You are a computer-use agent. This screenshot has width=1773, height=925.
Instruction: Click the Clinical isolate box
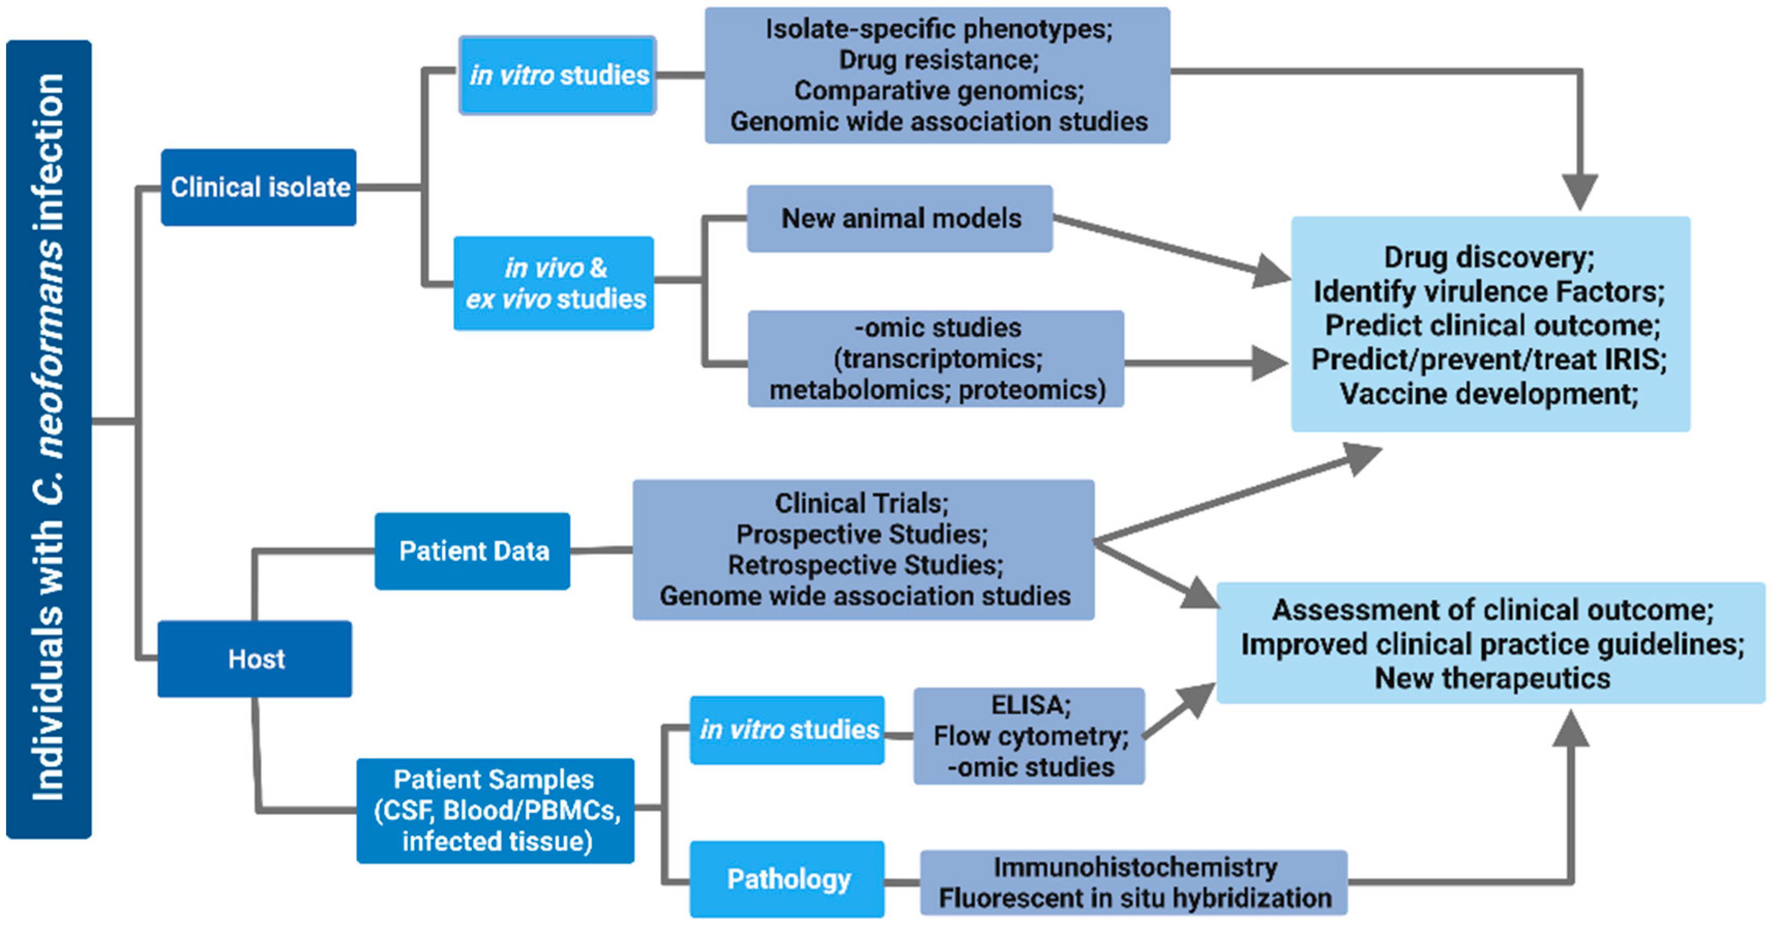click(x=259, y=187)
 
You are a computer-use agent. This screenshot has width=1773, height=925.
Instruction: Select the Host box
click(x=255, y=659)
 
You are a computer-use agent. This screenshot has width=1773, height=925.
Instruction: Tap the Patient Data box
click(x=472, y=551)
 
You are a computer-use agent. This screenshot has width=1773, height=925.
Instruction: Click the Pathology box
click(x=787, y=879)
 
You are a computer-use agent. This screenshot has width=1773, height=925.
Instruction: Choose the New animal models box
click(x=900, y=218)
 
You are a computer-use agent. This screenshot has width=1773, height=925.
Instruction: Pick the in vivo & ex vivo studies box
click(x=554, y=283)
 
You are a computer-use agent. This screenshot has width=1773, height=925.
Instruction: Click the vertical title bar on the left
click(x=49, y=439)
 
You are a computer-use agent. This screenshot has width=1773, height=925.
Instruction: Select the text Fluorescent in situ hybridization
click(x=1135, y=898)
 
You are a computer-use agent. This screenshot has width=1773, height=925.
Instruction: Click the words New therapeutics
click(x=1492, y=679)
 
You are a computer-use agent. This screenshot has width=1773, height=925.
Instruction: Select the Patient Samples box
click(x=496, y=811)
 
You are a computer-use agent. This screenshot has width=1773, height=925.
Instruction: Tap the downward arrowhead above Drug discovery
click(x=1580, y=193)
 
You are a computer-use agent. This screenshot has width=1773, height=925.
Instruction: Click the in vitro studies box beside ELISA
click(x=787, y=730)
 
